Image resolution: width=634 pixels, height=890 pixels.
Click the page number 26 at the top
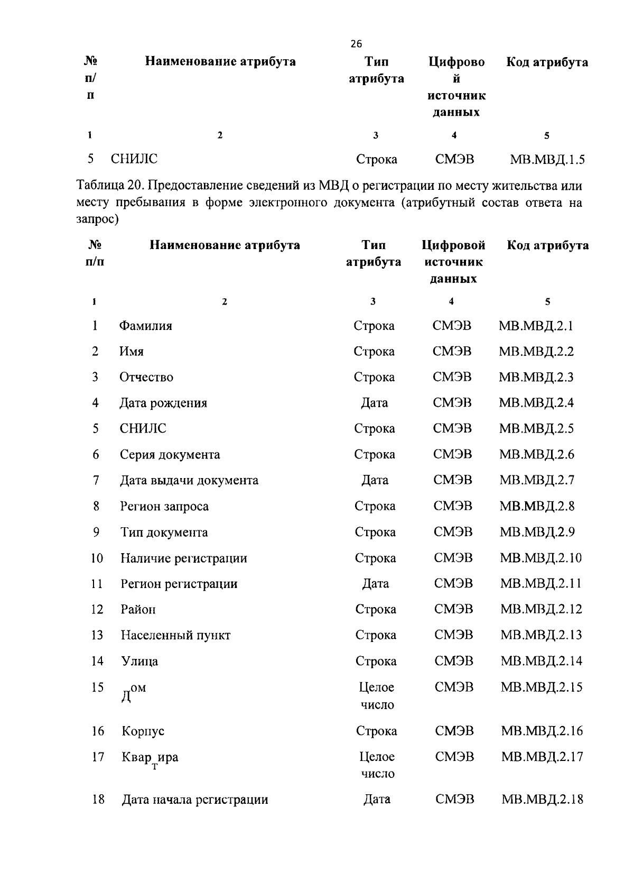[356, 44]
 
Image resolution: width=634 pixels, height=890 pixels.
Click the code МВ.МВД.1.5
[547, 159]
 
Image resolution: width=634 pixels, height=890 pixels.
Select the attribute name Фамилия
[146, 326]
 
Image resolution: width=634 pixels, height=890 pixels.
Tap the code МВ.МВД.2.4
[536, 403]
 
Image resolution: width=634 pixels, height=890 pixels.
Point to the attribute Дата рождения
[163, 403]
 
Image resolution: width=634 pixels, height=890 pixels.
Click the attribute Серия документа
[170, 455]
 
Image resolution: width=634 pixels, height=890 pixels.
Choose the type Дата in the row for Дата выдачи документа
[375, 480]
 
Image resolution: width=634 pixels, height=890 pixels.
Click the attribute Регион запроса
[164, 507]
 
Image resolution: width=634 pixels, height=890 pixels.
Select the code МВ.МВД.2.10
[540, 558]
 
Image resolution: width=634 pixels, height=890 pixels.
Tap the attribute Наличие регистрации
[184, 558]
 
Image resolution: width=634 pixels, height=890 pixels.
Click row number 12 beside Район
[97, 610]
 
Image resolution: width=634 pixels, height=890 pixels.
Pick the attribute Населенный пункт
[175, 636]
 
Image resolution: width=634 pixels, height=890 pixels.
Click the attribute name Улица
[139, 662]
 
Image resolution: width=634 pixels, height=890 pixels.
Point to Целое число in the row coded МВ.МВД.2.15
[377, 696]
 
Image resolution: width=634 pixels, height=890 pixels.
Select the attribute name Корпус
[143, 731]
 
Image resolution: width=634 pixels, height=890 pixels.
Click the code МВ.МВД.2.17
[542, 757]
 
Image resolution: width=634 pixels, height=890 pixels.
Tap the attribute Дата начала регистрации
[195, 800]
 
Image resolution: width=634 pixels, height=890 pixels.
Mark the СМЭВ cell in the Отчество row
[452, 377]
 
